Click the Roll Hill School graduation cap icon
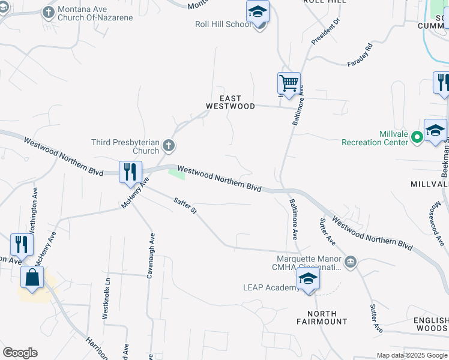click(258, 11)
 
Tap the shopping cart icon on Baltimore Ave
click(289, 83)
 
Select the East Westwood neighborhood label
click(231, 102)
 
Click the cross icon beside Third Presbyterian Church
click(169, 145)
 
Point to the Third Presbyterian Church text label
click(125, 146)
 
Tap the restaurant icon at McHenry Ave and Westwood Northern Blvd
click(130, 172)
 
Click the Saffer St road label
click(185, 205)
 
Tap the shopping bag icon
click(32, 278)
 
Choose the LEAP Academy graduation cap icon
click(308, 279)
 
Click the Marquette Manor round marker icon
click(351, 262)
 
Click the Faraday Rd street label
click(360, 55)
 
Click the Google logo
click(20, 353)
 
